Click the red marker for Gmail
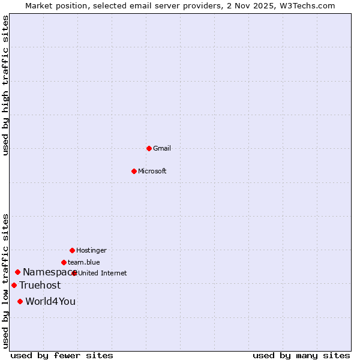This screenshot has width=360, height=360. click(x=149, y=148)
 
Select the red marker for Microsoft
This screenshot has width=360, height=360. click(x=134, y=171)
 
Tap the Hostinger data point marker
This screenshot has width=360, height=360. click(x=72, y=250)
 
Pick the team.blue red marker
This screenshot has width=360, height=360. click(x=64, y=262)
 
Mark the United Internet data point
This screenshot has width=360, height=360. click(x=74, y=273)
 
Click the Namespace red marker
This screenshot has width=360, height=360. click(x=17, y=272)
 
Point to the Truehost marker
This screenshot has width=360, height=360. click(x=14, y=285)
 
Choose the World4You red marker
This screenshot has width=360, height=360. click(x=20, y=301)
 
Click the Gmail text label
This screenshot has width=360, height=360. click(x=163, y=148)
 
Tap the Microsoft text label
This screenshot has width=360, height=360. click(x=152, y=171)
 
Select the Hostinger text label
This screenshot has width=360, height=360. click(x=91, y=250)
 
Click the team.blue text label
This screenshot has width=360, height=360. click(x=84, y=262)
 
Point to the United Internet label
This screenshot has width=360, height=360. click(x=103, y=273)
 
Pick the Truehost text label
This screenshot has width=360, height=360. click(x=40, y=286)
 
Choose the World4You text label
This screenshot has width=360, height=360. click(x=50, y=302)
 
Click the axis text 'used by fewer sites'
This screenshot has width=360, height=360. click(x=62, y=355)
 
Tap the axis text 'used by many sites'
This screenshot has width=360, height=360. click(x=301, y=355)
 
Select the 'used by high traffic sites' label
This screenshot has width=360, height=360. click(x=6, y=85)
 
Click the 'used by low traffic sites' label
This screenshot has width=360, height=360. click(x=6, y=281)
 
